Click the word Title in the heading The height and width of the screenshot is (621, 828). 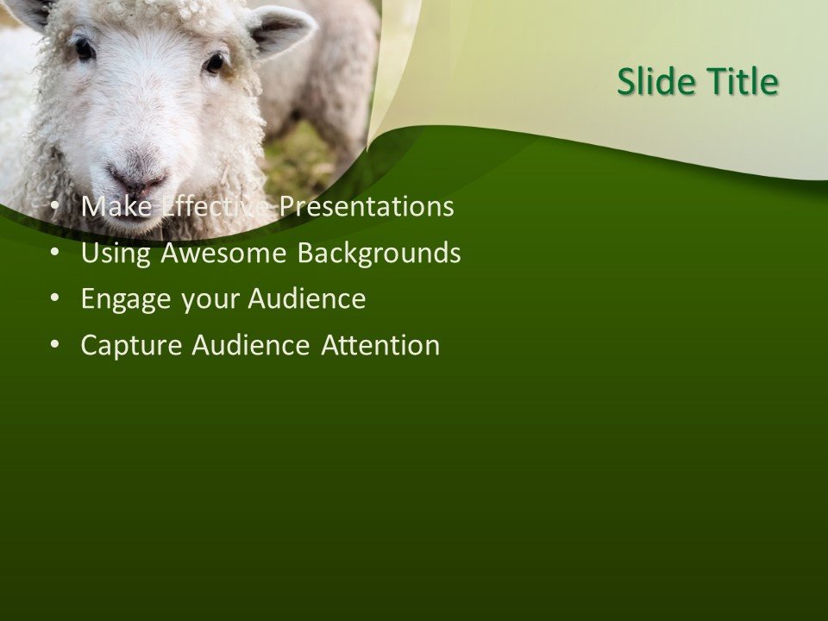(x=743, y=82)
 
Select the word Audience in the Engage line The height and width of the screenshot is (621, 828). (x=307, y=299)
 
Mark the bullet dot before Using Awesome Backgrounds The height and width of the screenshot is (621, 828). (x=55, y=254)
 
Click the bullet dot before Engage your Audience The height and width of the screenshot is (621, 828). (x=55, y=299)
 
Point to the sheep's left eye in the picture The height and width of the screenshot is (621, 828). (x=84, y=49)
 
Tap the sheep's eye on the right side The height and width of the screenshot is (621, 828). (x=214, y=62)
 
